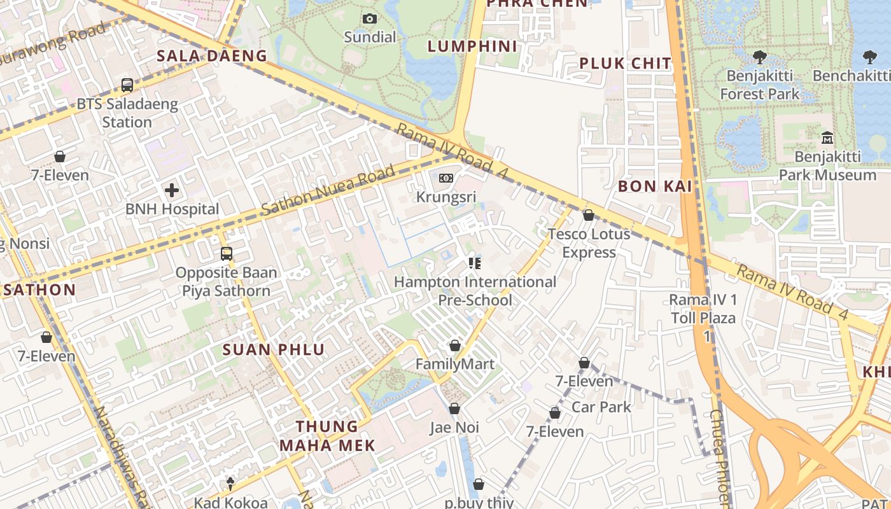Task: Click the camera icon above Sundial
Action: pyautogui.click(x=369, y=19)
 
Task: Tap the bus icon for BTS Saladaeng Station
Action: pyautogui.click(x=127, y=85)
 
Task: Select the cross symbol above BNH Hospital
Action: pyautogui.click(x=172, y=190)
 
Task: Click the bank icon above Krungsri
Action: pyautogui.click(x=446, y=178)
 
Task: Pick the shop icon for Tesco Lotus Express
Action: pyautogui.click(x=589, y=215)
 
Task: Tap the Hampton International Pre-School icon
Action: pyautogui.click(x=474, y=263)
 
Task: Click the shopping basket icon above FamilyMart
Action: pyautogui.click(x=454, y=345)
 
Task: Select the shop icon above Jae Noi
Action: pyautogui.click(x=454, y=408)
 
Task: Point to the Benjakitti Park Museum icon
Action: pyautogui.click(x=827, y=137)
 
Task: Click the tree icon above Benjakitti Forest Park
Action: pyautogui.click(x=759, y=57)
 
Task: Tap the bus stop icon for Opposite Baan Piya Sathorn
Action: pyautogui.click(x=227, y=254)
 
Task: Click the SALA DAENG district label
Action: pyautogui.click(x=212, y=56)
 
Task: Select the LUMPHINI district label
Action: pyautogui.click(x=472, y=46)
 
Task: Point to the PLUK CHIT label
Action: pyautogui.click(x=625, y=63)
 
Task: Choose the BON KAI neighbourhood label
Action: pyautogui.click(x=655, y=186)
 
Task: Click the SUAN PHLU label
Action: pyautogui.click(x=274, y=349)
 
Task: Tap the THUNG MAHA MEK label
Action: pyautogui.click(x=327, y=436)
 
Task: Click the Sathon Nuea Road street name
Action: pyautogui.click(x=328, y=190)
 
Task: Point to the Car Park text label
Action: pyautogui.click(x=601, y=407)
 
